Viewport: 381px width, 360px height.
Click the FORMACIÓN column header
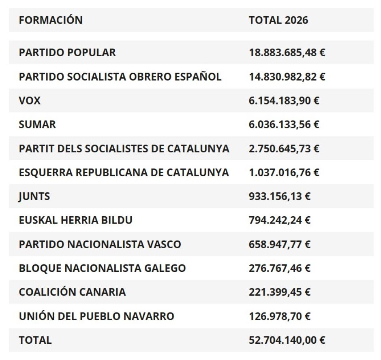point(51,20)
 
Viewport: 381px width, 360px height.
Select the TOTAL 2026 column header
point(278,20)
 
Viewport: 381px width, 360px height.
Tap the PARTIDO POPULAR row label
point(67,53)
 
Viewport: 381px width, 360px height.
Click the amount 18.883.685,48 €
point(287,53)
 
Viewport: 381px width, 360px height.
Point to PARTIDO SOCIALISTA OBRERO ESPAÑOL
point(120,77)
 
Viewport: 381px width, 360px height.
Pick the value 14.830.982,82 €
point(287,77)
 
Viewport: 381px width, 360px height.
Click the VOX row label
point(30,100)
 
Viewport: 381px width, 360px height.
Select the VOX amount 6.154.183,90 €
point(284,100)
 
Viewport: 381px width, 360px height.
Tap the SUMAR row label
point(37,124)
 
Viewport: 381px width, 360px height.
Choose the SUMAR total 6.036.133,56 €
point(284,124)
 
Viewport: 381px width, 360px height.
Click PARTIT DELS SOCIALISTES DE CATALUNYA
point(124,149)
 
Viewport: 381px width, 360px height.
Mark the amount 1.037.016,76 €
point(284,173)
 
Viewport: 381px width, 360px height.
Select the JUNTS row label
point(34,196)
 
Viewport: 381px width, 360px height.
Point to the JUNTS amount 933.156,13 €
point(280,196)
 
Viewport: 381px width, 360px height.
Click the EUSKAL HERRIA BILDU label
point(76,220)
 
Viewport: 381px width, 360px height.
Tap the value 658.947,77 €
point(280,244)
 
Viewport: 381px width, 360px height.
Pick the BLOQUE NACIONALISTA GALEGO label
point(102,268)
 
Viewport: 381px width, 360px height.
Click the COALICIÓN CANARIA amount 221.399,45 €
point(280,292)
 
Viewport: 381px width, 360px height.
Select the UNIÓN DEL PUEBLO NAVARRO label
point(96,316)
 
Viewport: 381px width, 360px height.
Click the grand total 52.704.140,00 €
point(287,340)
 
